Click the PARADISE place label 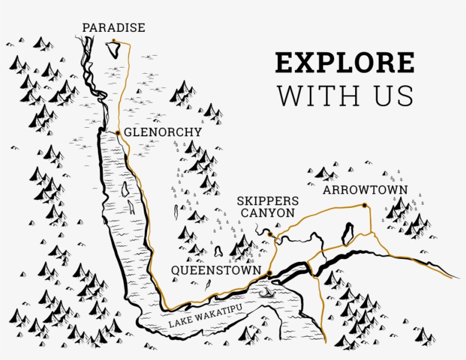click(114, 27)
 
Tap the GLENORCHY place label click(163, 132)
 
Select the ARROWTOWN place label click(365, 190)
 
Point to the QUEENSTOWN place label click(217, 270)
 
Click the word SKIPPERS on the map click(268, 201)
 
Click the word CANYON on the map click(268, 213)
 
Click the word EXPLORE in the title click(345, 62)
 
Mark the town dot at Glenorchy click(118, 133)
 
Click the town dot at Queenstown click(269, 274)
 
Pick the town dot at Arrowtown click(364, 205)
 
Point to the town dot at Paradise click(114, 40)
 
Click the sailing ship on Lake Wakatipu click(265, 293)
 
